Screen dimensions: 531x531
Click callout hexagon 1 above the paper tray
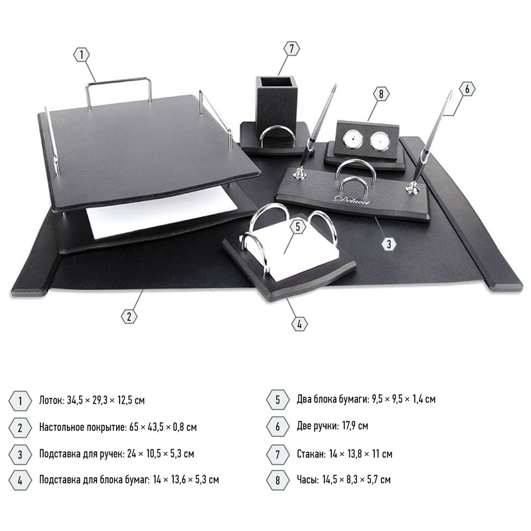(x=81, y=55)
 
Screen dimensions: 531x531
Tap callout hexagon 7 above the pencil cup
(x=291, y=48)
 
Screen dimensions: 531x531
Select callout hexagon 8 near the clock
(x=381, y=94)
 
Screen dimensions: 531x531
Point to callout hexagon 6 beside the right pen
(x=467, y=89)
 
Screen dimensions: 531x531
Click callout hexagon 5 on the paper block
(x=297, y=227)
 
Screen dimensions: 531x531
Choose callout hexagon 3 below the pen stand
(x=389, y=244)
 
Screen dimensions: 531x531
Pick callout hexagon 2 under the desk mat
(x=129, y=317)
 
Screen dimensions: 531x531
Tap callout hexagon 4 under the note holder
(x=299, y=324)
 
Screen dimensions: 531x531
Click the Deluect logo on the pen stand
(x=352, y=200)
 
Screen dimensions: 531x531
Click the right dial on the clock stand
(x=380, y=141)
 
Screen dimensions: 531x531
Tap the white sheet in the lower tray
(x=161, y=212)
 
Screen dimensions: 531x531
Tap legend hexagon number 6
(x=277, y=426)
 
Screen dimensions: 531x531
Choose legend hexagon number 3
(x=20, y=454)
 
